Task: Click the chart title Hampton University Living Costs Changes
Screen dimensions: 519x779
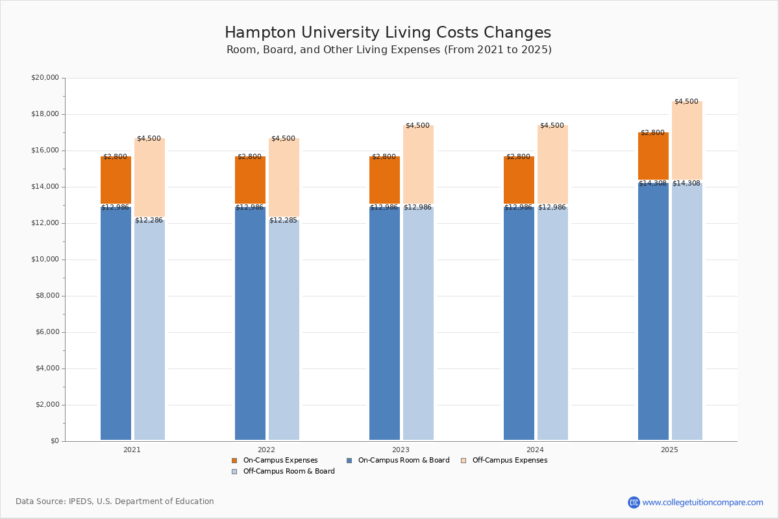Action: (x=388, y=33)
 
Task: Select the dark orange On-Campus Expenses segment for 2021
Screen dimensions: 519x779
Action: (x=116, y=180)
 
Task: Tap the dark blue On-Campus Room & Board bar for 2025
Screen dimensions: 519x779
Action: (x=653, y=311)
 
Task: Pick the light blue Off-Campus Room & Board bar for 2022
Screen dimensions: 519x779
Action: (x=284, y=331)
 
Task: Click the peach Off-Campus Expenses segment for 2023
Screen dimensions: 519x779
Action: (x=418, y=165)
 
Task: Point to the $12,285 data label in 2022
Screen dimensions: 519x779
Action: (x=283, y=221)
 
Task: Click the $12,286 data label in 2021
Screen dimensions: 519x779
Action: (x=149, y=221)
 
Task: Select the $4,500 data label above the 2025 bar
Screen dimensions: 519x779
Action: (x=686, y=102)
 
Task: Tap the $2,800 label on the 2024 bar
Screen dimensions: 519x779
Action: (x=519, y=157)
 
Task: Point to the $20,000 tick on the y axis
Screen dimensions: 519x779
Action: (x=45, y=78)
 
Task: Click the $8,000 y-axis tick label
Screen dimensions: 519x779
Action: (x=47, y=296)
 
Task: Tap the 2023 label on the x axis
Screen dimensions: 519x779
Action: (x=401, y=450)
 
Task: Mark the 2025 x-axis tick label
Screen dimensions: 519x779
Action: (x=669, y=450)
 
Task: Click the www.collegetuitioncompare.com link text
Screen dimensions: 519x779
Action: (x=702, y=502)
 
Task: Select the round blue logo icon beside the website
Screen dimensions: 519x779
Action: (x=634, y=502)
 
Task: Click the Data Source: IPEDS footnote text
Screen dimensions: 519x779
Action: (x=115, y=501)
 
